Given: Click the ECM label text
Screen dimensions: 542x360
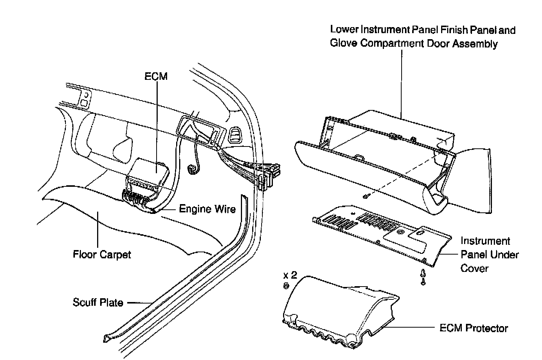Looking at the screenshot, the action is [156, 76].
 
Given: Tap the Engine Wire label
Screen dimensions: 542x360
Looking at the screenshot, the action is [207, 209].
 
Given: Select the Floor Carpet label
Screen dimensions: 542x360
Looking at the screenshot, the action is [102, 255].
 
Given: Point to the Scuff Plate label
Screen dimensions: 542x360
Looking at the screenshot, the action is [98, 302].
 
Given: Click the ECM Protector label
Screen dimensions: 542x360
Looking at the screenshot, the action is [474, 328].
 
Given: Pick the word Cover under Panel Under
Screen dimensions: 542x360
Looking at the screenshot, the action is [475, 268].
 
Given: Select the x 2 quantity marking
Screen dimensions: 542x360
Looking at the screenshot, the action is [290, 275].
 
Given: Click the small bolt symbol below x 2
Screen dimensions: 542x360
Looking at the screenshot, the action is [286, 286].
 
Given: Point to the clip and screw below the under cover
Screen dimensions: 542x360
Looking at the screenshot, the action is [423, 277].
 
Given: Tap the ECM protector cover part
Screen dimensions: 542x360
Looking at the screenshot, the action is [339, 312].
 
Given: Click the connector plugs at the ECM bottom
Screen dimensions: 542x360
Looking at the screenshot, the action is [135, 197].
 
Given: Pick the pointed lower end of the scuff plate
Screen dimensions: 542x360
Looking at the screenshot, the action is [105, 339].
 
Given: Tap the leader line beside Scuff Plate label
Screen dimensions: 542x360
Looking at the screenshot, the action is [140, 303].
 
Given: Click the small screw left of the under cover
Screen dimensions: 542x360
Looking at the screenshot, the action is [365, 197].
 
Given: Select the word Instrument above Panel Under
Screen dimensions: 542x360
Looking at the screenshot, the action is [485, 241].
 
